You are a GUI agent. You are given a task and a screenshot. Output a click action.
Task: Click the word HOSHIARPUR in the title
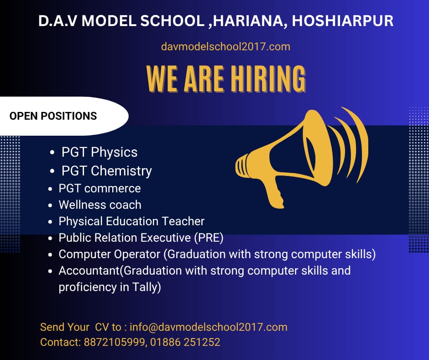coord(343,21)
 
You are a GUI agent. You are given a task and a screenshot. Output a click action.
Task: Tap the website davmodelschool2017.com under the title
coord(226,47)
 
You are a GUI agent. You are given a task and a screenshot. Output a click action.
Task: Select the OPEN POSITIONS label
coord(53,116)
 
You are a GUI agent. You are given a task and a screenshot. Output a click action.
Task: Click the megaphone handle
coord(273,192)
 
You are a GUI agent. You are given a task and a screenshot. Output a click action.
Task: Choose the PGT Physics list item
coord(99,152)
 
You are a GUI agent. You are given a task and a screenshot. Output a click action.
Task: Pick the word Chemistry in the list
coord(121,171)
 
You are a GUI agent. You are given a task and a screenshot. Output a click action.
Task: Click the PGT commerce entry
coord(99,189)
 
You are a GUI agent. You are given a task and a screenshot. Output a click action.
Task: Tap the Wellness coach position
coord(100,205)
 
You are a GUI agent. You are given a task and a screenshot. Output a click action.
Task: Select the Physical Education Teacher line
coord(131,222)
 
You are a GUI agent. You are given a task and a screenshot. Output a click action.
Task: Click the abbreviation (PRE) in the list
coord(209,238)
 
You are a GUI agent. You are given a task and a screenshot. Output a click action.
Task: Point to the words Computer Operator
coord(109,254)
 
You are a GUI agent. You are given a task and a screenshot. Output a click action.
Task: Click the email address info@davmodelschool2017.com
coord(209,327)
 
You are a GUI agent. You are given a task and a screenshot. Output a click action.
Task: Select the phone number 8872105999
coord(114,342)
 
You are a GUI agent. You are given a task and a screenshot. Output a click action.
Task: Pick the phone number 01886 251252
coord(185,342)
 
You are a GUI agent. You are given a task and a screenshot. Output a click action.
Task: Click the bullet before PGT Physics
coord(52,153)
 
